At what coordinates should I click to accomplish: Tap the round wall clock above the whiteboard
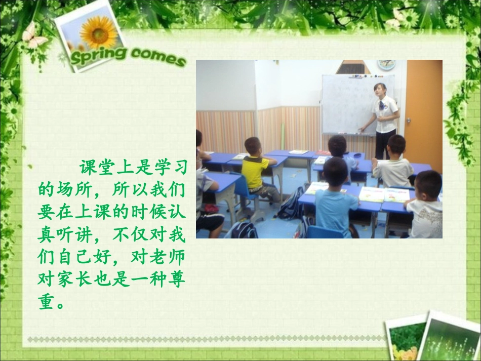(386, 64)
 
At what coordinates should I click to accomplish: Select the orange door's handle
(409, 120)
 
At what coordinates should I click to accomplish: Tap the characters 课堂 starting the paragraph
(98, 168)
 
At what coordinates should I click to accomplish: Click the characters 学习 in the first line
(169, 167)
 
